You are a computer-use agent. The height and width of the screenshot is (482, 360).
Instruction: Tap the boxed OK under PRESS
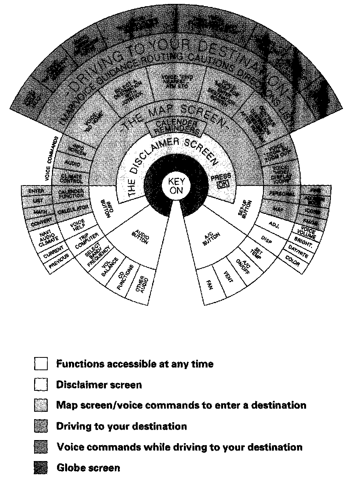click(222, 185)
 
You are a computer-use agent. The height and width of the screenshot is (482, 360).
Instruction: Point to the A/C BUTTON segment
click(211, 237)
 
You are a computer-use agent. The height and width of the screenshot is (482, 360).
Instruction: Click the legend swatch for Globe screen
click(41, 468)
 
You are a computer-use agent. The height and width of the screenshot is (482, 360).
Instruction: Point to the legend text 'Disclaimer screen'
click(99, 385)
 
